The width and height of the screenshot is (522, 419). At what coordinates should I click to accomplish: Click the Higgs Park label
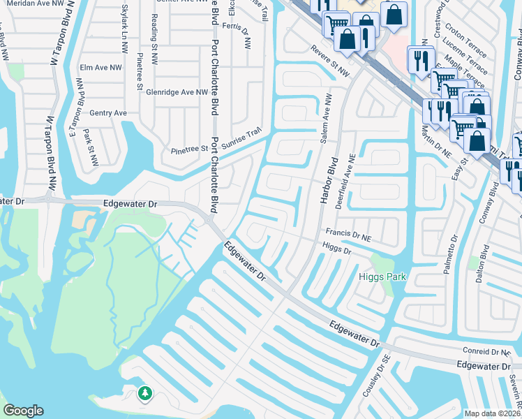(382, 277)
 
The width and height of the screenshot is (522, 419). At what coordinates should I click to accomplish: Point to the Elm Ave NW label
(100, 68)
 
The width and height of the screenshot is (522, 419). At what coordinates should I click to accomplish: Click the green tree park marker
(144, 393)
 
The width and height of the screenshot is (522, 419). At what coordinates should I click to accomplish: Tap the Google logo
(23, 411)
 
